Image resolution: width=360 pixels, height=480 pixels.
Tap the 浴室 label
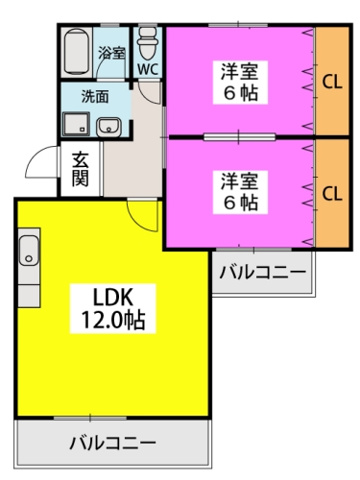pos(112,54)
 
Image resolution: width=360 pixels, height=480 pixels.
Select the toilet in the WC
pos(147,43)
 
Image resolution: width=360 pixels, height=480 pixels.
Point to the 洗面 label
pos(93,96)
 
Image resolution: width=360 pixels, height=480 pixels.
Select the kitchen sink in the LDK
pos(28,252)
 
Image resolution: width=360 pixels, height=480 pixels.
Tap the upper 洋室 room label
pos(242,70)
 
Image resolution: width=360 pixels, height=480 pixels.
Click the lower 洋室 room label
pos(242,180)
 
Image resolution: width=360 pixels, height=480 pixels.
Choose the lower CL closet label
pos(332,193)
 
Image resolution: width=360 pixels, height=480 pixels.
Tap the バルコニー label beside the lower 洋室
pos(262,273)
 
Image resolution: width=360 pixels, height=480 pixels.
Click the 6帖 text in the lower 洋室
pos(242,203)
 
